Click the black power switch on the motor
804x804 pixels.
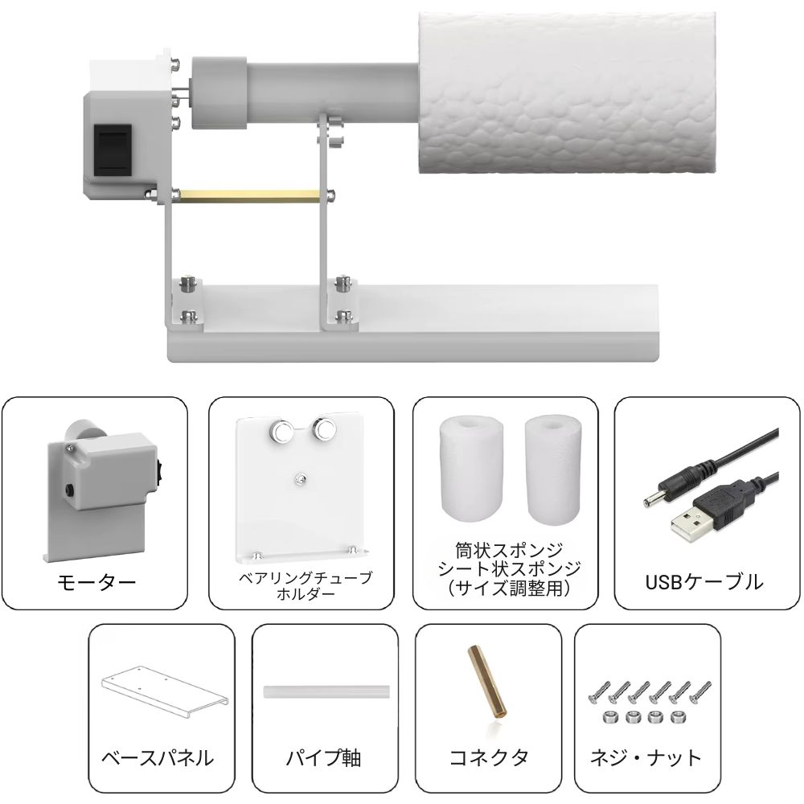[x=113, y=148]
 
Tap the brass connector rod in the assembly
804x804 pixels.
[x=250, y=195]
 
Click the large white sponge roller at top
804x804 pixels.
[x=567, y=92]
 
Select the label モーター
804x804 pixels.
[x=96, y=582]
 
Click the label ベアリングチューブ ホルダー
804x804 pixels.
[x=305, y=585]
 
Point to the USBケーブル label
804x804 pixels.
[x=704, y=582]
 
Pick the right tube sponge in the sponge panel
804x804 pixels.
[x=553, y=469]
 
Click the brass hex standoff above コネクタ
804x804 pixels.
[x=486, y=682]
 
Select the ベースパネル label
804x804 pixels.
[x=158, y=757]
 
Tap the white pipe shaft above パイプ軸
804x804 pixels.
[x=326, y=691]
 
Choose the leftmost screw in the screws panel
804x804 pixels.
[x=600, y=692]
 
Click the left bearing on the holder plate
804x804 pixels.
[x=281, y=429]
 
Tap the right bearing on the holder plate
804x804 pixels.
[x=324, y=428]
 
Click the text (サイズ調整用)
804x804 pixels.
[x=509, y=589]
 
